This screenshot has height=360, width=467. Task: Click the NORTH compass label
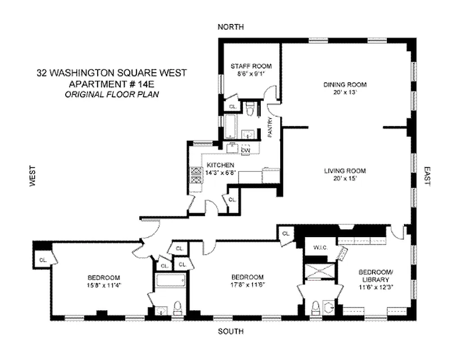click(231, 27)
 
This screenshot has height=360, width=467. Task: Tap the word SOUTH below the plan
click(231, 332)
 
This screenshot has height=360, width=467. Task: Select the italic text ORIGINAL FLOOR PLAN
click(112, 94)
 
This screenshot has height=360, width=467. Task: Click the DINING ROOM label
click(345, 84)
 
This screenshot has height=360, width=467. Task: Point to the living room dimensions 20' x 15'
click(345, 179)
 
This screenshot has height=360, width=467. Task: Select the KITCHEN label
click(221, 165)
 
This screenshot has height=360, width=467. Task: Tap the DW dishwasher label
click(246, 150)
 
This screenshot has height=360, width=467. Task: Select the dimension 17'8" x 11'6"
click(248, 285)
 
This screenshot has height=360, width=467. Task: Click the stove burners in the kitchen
click(196, 175)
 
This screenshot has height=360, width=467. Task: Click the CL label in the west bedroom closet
click(44, 260)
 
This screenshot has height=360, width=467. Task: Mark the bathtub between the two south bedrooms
click(170, 281)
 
